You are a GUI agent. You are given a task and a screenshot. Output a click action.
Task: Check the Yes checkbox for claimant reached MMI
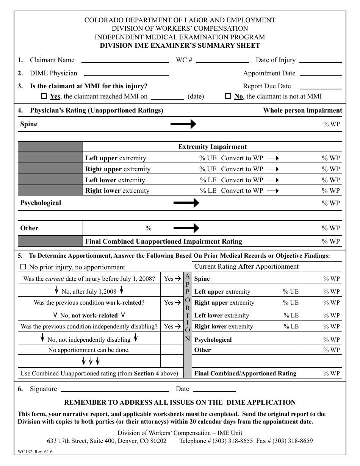pos(44,96)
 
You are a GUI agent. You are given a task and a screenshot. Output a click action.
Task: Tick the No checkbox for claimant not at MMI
pos(228,96)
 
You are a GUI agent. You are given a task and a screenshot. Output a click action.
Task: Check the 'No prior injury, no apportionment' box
pos(23,267)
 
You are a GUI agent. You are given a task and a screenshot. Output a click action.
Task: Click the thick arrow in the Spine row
pos(183,124)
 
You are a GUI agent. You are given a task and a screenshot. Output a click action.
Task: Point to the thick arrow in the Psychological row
pos(186,203)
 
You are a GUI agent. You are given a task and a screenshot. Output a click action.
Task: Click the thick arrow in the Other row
pos(186,228)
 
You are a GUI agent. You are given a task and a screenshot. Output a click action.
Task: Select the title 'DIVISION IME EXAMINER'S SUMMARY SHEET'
pos(180,46)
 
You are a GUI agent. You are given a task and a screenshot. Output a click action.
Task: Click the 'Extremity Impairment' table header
pos(212,147)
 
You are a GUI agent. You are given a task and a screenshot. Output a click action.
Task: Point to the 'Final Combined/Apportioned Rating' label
pos(245,374)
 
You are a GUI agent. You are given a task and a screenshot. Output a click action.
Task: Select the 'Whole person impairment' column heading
pos(302,111)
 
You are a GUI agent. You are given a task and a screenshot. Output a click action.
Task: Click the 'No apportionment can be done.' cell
pos(89,350)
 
